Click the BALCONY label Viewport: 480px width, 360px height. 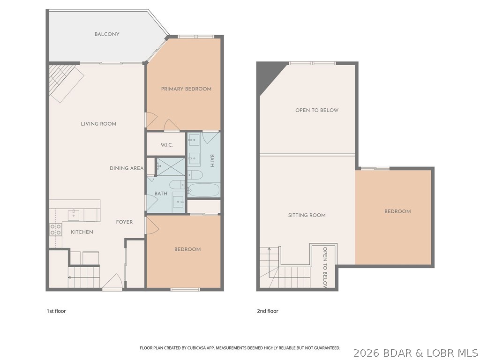pyautogui.click(x=107, y=34)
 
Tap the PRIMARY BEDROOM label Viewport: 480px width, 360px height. pyautogui.click(x=186, y=89)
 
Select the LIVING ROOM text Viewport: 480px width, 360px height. pyautogui.click(x=98, y=124)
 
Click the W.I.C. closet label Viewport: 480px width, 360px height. pyautogui.click(x=166, y=145)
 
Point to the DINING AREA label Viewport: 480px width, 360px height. pyautogui.click(x=127, y=168)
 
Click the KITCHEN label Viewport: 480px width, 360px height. pyautogui.click(x=82, y=232)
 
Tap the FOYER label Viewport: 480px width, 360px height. pyautogui.click(x=125, y=222)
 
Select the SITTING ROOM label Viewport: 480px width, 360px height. pyautogui.click(x=307, y=216)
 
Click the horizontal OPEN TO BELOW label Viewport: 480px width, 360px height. pyautogui.click(x=317, y=110)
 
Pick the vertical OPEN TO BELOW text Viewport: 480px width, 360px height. pyautogui.click(x=324, y=268)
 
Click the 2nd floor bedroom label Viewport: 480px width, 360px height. pyautogui.click(x=397, y=211)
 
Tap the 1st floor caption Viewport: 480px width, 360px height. pyautogui.click(x=56, y=311)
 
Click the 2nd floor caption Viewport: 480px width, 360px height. pyautogui.click(x=268, y=311)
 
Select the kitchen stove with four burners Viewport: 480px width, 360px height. pyautogui.click(x=56, y=229)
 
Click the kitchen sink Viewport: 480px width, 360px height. pyautogui.click(x=73, y=215)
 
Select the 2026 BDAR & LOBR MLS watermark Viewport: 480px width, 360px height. pyautogui.click(x=416, y=352)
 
